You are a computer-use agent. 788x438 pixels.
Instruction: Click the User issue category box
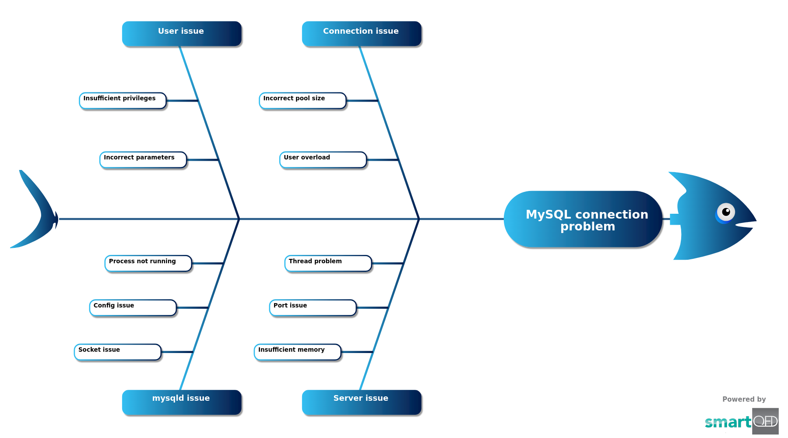[x=182, y=34]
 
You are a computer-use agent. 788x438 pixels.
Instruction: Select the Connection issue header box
[x=362, y=34]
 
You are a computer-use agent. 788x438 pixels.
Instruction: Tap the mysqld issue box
[x=182, y=402]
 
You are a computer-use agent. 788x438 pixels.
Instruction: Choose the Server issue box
[x=362, y=402]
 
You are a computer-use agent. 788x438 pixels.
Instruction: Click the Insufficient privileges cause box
[x=123, y=101]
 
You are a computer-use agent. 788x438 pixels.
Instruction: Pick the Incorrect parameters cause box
[x=143, y=160]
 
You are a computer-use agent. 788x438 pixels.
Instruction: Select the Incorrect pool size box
[x=303, y=101]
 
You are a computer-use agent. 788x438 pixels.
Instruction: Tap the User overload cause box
[x=323, y=160]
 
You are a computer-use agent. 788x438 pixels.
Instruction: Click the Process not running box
[x=148, y=264]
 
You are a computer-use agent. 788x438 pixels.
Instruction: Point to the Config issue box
[x=133, y=308]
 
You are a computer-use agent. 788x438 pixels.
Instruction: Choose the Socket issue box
[x=118, y=352]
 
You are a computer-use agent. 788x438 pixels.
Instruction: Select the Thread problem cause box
[x=328, y=264]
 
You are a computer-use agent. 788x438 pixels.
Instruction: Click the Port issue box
[x=313, y=308]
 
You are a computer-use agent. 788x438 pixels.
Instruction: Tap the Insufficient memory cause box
[x=298, y=352]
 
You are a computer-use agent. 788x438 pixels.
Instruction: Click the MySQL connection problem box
[x=583, y=219]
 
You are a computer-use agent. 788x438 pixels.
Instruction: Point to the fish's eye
[x=725, y=213]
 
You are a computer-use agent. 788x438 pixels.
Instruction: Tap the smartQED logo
[x=742, y=421]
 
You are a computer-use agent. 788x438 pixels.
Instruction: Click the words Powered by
[x=744, y=399]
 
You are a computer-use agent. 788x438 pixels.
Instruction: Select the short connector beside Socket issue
[x=177, y=352]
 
